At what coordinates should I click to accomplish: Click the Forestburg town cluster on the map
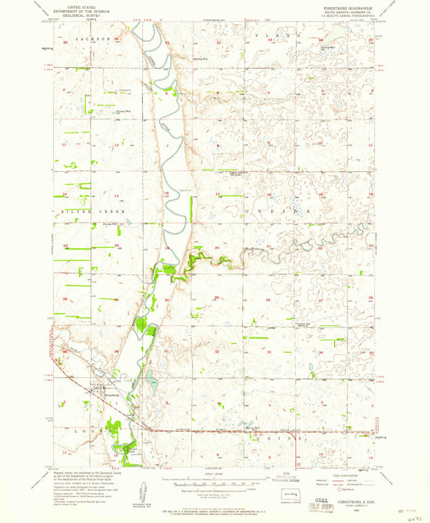(101, 395)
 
